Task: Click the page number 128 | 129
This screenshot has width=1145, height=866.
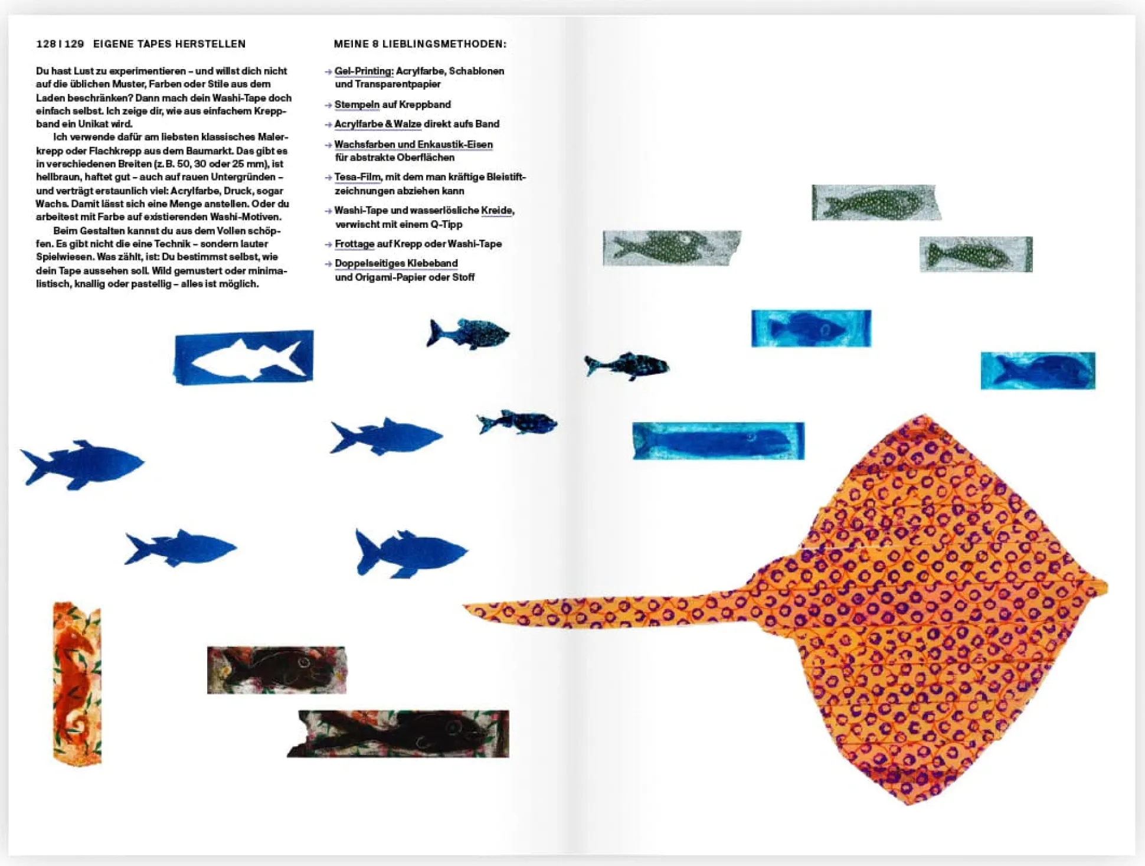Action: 60,44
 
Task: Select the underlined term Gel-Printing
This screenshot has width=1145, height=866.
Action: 364,71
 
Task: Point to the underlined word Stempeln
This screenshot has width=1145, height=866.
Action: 357,104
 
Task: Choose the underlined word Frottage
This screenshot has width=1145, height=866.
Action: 355,244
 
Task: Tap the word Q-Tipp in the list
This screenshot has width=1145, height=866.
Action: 447,224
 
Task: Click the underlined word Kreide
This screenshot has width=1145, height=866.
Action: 497,211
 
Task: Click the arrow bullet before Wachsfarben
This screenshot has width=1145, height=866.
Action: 328,145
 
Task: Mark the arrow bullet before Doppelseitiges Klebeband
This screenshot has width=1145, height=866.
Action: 328,264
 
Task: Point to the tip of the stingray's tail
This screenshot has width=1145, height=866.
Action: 464,606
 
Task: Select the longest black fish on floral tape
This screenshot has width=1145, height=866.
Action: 398,734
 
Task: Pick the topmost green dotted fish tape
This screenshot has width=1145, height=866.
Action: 876,202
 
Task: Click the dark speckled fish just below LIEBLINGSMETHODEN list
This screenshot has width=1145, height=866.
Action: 468,334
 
